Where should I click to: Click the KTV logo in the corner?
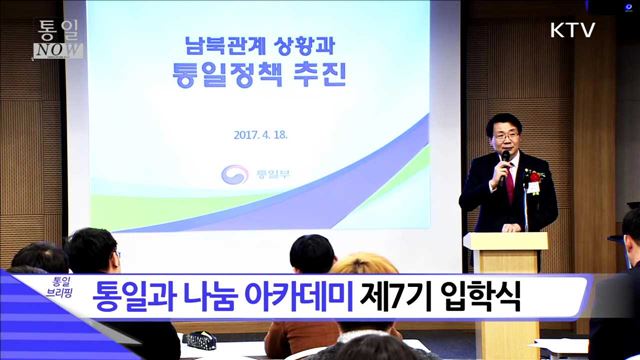(572, 30)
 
